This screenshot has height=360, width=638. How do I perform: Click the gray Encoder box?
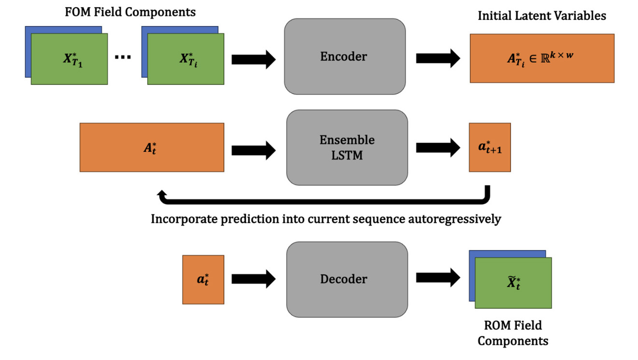pos(344,57)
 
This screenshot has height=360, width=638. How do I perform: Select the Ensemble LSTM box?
pos(347,147)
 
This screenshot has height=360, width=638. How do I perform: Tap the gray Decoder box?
pos(347,279)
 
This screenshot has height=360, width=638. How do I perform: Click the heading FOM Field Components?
pos(130,12)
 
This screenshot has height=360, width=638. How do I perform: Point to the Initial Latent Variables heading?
pos(541,15)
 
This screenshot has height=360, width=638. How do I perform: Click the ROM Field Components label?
pos(512,333)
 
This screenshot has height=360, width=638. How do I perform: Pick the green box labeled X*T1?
pos(70,59)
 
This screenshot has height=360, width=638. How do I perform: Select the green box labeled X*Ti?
pos(186,59)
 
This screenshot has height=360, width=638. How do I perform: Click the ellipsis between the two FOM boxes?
pos(123,58)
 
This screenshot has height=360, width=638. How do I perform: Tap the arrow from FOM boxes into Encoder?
pos(253,59)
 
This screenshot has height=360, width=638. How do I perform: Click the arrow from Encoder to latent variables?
pos(438,58)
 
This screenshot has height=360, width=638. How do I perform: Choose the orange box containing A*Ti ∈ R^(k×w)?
pos(542,58)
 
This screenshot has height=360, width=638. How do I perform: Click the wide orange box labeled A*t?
pos(152,147)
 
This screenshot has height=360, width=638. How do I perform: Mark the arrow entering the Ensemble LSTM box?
pos(253,149)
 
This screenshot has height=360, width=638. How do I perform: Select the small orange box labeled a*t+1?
pos(489,147)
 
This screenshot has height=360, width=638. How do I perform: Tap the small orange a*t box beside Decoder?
pos(203,279)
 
